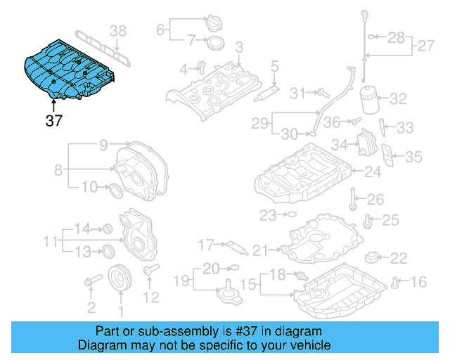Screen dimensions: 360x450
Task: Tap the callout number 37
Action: [x=54, y=121]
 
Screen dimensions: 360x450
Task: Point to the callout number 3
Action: [x=239, y=46]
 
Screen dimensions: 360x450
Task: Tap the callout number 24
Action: [x=372, y=171]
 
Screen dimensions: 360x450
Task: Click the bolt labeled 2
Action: [x=90, y=283]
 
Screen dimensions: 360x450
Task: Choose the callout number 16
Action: [x=418, y=282]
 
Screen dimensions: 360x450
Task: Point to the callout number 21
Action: [x=261, y=250]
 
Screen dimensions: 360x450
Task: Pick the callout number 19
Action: [x=180, y=282]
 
